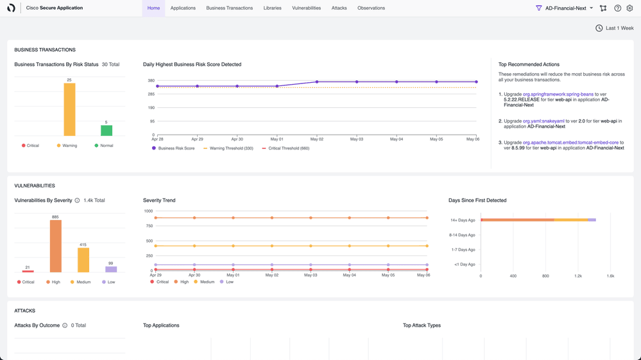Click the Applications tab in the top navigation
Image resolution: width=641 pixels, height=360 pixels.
(183, 8)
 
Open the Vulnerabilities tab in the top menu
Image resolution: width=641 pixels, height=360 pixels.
(306, 8)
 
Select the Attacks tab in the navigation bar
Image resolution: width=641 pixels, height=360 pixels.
(339, 8)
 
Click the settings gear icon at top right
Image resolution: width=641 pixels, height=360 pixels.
(629, 8)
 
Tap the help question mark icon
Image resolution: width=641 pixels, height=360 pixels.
(617, 8)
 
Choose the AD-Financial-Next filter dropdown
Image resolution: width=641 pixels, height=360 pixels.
(565, 8)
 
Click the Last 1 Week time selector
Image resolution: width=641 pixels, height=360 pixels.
(614, 28)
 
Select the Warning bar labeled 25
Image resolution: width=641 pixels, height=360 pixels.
(69, 110)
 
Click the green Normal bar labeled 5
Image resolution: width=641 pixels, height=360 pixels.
(107, 130)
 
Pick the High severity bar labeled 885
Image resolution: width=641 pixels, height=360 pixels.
(56, 246)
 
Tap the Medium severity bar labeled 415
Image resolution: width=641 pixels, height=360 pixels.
(83, 260)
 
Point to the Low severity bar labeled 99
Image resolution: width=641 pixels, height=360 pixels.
(110, 269)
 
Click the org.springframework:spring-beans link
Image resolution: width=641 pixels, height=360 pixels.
(558, 94)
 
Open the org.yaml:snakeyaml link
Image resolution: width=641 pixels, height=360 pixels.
(543, 121)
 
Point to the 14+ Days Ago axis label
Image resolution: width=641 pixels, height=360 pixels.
(462, 220)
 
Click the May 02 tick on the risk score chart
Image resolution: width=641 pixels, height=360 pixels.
(316, 139)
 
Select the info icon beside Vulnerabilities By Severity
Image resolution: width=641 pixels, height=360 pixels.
(78, 201)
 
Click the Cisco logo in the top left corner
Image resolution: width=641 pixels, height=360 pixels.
(11, 8)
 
